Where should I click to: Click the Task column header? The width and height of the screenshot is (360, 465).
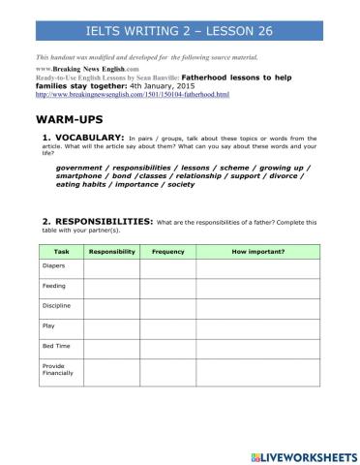[62, 251]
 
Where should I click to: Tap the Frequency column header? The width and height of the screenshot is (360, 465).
[167, 251]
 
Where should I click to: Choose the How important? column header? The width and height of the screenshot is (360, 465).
[258, 251]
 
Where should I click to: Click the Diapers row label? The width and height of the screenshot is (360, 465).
[54, 264]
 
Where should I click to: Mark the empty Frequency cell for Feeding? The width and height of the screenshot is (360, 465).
[167, 287]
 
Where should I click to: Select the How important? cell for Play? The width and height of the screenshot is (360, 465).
[258, 327]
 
